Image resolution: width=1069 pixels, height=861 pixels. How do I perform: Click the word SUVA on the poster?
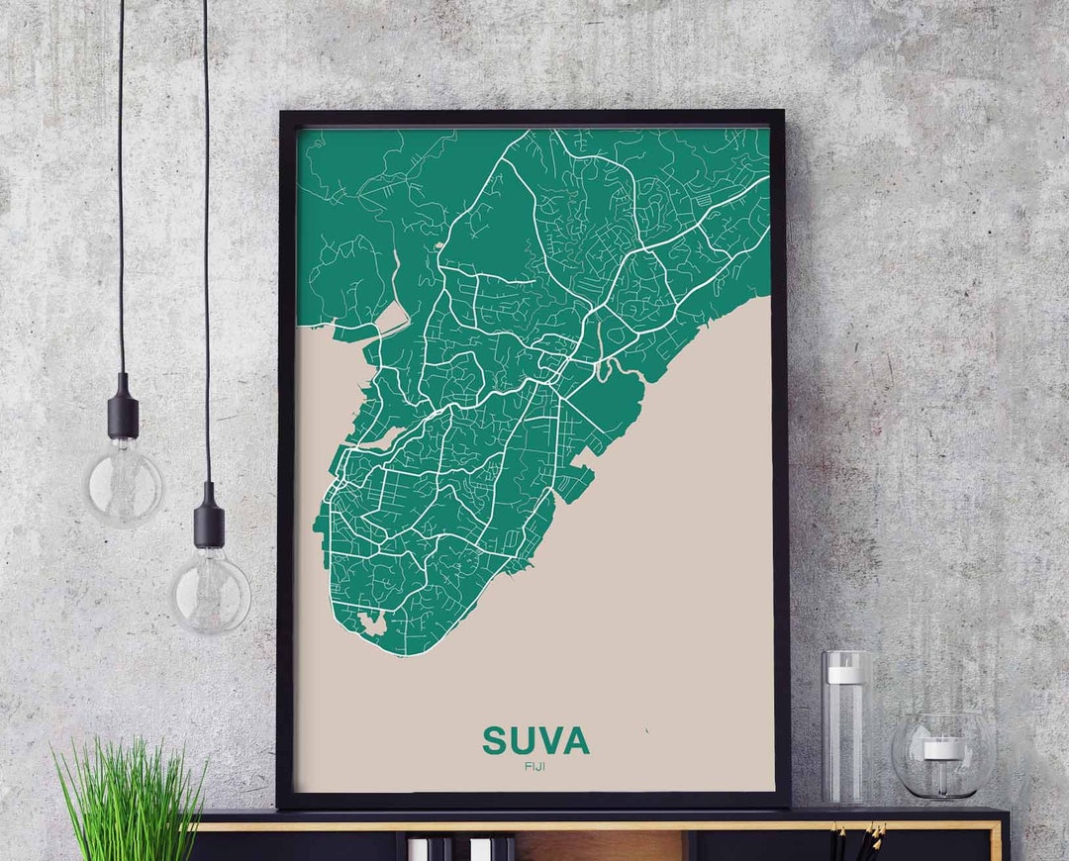pos(535,741)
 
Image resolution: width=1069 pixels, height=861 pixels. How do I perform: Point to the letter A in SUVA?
pos(576,741)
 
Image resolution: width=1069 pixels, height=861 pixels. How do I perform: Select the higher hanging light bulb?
pos(124,485)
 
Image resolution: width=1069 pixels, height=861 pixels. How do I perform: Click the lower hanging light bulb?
pos(210,592)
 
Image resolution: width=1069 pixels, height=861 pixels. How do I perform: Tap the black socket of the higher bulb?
pos(123,406)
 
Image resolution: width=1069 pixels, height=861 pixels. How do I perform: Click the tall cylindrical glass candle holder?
pos(846,727)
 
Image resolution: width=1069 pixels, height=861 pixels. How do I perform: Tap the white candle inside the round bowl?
pos(942,749)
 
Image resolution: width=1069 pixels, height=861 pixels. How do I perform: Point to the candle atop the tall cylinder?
pos(845,674)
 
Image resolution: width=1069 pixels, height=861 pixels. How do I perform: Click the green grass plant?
pos(129,802)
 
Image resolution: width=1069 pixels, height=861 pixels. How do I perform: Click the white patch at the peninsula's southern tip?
pos(374,624)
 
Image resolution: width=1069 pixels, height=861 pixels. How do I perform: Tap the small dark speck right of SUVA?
pos(645,731)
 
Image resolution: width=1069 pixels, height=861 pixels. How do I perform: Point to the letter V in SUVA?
pos(549,741)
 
